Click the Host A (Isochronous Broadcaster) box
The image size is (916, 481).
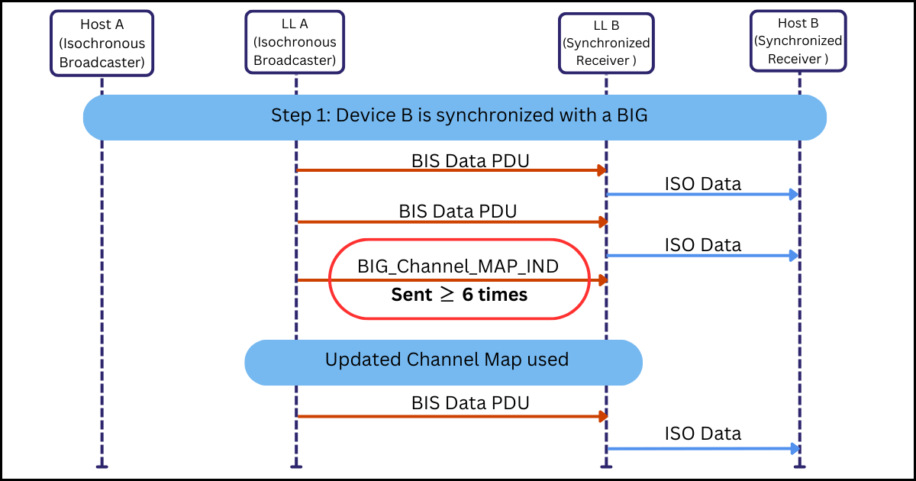point(102,44)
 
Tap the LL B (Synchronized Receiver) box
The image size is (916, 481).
point(606,44)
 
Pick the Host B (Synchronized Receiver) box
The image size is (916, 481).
point(798,41)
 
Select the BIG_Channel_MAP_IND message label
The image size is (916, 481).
point(458,266)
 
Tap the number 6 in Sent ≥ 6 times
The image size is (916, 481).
point(467,295)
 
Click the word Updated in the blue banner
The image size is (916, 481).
point(360,360)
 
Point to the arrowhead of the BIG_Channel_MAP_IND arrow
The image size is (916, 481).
point(602,280)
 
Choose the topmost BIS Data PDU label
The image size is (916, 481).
point(470,161)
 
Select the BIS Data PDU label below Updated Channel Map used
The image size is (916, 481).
point(470,403)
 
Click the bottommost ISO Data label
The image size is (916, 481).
point(702,434)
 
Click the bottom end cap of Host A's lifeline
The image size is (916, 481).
point(102,466)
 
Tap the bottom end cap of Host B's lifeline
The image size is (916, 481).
point(798,466)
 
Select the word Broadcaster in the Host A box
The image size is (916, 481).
point(102,63)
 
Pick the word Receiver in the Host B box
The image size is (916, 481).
point(794,59)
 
